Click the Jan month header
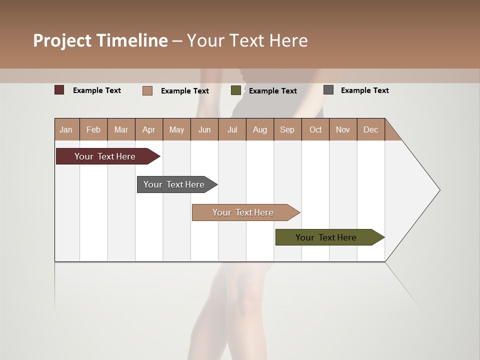(66, 129)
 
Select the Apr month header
(149, 129)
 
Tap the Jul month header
(232, 129)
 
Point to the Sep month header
(287, 129)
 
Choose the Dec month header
(370, 129)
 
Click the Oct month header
(315, 129)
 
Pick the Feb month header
(93, 129)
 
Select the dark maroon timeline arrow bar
(105, 156)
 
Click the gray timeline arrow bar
(174, 184)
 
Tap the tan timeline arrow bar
(243, 212)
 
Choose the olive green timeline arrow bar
(326, 237)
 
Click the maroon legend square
(59, 90)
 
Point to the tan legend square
(147, 90)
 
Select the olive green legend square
(236, 90)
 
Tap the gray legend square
(328, 90)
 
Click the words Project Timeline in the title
(100, 40)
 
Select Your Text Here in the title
(247, 40)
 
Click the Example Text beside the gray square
(364, 90)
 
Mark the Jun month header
(204, 129)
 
